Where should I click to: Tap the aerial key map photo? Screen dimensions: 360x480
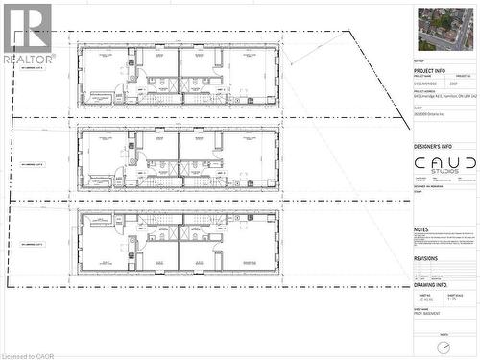[x=445, y=28]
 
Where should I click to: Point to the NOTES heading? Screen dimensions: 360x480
[x=421, y=229]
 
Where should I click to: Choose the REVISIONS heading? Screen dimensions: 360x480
[x=425, y=258]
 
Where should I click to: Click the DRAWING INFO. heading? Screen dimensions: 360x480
[x=431, y=284]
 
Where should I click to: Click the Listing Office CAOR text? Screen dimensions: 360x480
[x=28, y=355]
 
